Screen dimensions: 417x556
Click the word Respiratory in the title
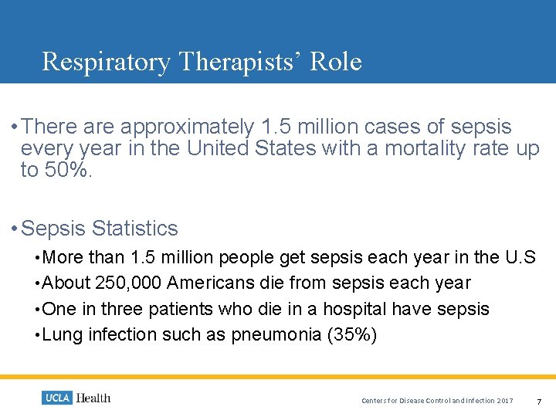[106, 61]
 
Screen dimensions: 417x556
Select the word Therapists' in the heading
[240, 61]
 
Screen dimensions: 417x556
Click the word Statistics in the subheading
[134, 229]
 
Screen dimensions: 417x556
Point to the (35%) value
[352, 334]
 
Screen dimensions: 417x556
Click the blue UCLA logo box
[56, 398]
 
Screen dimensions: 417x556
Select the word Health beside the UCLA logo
[93, 398]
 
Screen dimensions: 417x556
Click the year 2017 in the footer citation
[505, 400]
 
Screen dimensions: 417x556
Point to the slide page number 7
[539, 400]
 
